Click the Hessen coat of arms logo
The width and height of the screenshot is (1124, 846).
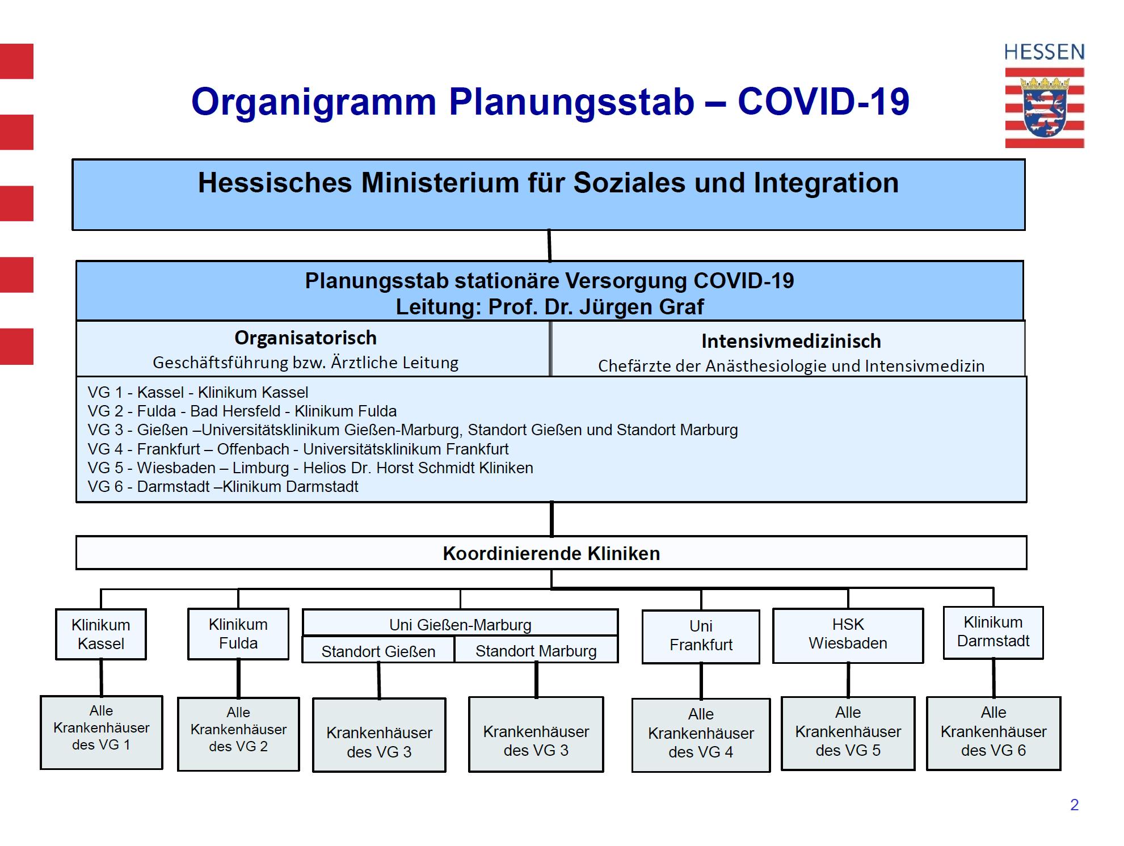tap(1044, 108)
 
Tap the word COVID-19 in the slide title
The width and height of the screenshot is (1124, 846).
tap(823, 102)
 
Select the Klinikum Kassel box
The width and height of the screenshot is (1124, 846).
tap(101, 634)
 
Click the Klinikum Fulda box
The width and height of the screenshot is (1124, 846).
tap(238, 634)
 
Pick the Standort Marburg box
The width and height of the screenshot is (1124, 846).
tap(536, 651)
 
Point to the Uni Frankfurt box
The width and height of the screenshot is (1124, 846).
tap(701, 636)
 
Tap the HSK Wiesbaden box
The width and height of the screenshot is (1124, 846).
tap(848, 634)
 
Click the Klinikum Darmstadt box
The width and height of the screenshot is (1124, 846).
tap(993, 632)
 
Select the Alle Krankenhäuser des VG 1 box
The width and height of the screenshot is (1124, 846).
tap(102, 732)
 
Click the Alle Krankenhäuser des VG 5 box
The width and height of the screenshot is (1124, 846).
tap(848, 733)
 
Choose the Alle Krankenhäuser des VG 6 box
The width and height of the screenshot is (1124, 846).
tap(994, 733)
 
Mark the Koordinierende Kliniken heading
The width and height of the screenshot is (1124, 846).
tap(551, 553)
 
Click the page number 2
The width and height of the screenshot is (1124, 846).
tap(1074, 805)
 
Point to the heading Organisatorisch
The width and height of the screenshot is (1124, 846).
tap(305, 338)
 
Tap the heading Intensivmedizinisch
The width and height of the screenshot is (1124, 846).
tap(791, 342)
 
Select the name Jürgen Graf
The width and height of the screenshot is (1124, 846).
tap(641, 307)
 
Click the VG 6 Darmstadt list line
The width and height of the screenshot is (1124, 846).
tap(223, 487)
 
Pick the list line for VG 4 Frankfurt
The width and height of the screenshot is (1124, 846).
tap(298, 449)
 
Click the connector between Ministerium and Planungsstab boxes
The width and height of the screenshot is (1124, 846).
tap(549, 245)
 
